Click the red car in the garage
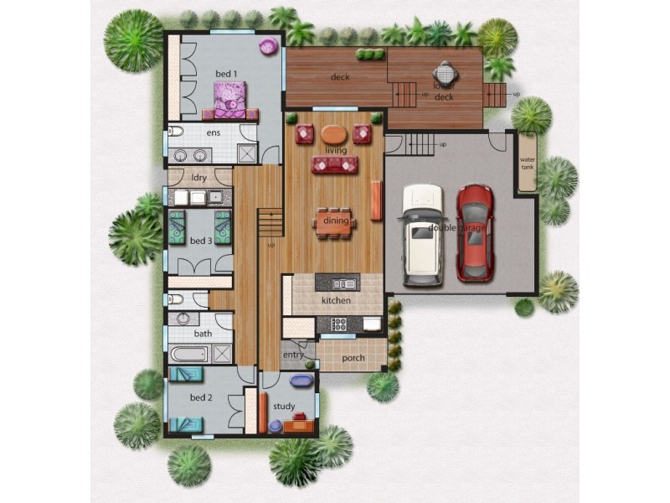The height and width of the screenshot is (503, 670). [474, 232]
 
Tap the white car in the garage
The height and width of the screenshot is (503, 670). [422, 234]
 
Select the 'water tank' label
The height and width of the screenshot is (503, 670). [527, 162]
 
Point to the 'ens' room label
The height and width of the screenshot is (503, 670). [214, 133]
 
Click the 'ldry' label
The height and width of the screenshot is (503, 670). [199, 177]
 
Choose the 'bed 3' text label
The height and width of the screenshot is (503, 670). [201, 241]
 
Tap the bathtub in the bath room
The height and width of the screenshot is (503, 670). [188, 354]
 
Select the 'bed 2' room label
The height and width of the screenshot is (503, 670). [199, 397]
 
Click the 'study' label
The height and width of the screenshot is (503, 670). [284, 407]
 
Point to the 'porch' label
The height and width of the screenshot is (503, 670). [353, 359]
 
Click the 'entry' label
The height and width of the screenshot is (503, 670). [293, 355]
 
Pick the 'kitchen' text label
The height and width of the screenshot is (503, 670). [336, 300]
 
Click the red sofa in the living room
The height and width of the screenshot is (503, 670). [335, 164]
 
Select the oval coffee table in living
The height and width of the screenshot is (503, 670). [333, 133]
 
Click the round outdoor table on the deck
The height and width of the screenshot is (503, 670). [444, 72]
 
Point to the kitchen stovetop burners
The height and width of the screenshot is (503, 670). [339, 324]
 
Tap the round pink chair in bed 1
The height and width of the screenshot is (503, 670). [268, 46]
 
